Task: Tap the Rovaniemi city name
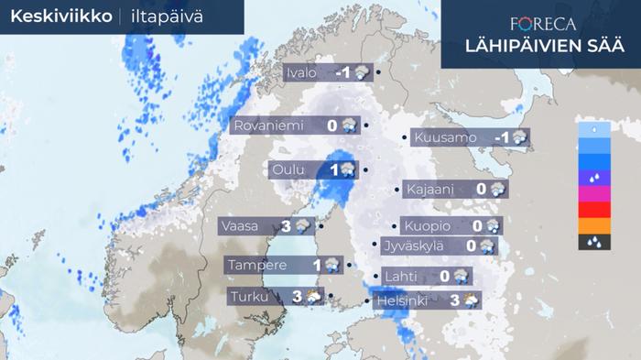pyautogui.click(x=272, y=125)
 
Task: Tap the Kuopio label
pyautogui.click(x=425, y=225)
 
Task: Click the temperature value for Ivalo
pyautogui.click(x=344, y=72)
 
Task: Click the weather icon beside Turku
pyautogui.click(x=312, y=295)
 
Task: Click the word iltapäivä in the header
pyautogui.click(x=174, y=16)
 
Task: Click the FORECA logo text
pyautogui.click(x=539, y=24)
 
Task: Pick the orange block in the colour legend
pyautogui.click(x=594, y=225)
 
